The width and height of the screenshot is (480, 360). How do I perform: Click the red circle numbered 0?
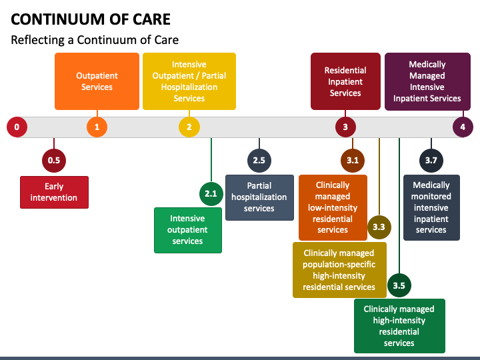[17, 127]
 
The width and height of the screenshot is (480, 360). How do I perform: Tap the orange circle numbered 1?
[97, 127]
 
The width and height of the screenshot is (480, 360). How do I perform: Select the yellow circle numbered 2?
[189, 127]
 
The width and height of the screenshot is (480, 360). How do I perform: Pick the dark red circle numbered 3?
[345, 127]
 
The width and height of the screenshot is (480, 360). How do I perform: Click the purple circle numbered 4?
[463, 127]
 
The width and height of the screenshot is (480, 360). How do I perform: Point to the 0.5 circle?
[54, 161]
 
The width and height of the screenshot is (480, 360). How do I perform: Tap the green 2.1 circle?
[211, 194]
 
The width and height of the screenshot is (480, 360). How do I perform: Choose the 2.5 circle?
[259, 161]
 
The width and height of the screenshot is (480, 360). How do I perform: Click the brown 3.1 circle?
[353, 161]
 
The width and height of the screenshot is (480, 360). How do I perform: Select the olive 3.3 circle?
[379, 227]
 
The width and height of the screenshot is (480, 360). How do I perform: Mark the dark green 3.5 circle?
[399, 285]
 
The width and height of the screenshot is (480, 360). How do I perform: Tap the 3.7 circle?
[431, 161]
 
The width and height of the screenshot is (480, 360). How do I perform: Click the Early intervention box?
[54, 192]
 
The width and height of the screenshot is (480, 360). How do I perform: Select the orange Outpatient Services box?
[97, 81]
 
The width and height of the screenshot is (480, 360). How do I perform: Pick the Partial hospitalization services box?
[259, 197]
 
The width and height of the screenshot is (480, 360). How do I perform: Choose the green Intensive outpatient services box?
[188, 230]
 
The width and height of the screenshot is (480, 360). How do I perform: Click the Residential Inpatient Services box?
[345, 81]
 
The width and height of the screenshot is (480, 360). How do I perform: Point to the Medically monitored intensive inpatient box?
[431, 207]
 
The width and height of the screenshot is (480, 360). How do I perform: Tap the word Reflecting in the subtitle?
[37, 40]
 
